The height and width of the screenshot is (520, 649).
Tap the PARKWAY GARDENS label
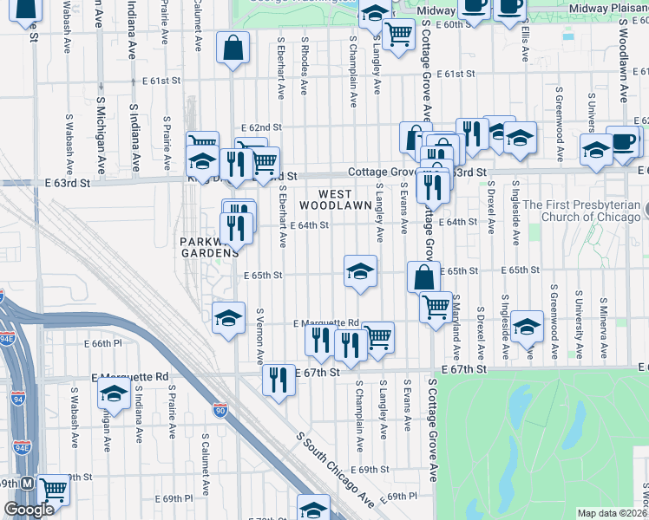(x=208, y=247)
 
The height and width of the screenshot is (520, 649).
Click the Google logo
(x=29, y=510)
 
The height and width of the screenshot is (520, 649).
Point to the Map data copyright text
(x=612, y=513)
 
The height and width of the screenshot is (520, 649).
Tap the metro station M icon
(x=28, y=483)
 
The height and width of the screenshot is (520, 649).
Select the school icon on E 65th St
(x=360, y=270)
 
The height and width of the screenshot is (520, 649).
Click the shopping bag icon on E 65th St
(x=423, y=277)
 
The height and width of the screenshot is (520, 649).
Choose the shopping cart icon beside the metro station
(x=54, y=491)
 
